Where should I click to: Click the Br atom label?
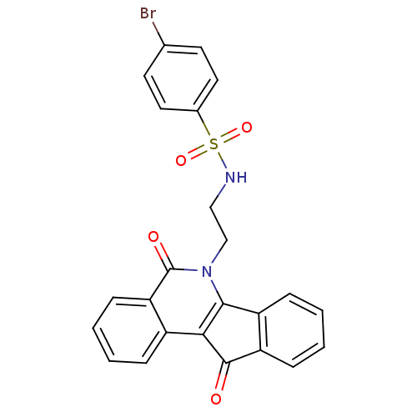click(148, 13)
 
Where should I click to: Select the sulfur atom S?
click(214, 144)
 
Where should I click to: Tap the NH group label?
click(236, 177)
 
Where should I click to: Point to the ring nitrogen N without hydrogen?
click(207, 271)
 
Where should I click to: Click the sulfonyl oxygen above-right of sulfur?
click(247, 128)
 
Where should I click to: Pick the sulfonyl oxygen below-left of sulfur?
click(181, 161)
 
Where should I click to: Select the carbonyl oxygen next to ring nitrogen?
click(153, 237)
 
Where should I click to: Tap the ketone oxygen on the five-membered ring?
click(216, 399)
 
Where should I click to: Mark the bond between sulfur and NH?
click(222, 159)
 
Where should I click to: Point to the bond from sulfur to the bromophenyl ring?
click(203, 123)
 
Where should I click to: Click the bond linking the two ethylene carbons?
click(219, 224)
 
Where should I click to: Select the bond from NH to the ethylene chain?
click(218, 195)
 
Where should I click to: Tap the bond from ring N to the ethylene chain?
click(219, 252)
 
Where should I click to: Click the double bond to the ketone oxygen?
click(224, 376)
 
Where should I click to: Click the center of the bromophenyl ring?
click(181, 78)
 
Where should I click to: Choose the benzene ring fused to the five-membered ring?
click(291, 330)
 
